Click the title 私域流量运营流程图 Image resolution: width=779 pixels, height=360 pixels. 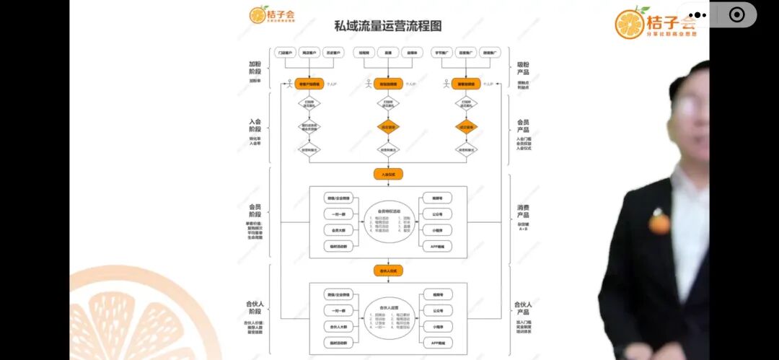pos(388,26)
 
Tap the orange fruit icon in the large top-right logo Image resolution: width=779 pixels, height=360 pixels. pos(629,23)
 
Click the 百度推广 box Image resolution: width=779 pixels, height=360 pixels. pos(467,53)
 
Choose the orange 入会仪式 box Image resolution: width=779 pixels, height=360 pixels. pos(388,174)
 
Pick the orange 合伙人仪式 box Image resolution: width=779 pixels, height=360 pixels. pos(388,271)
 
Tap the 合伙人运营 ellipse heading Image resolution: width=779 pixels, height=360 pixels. pos(388,307)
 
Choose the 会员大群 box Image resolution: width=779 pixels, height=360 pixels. pos(339,230)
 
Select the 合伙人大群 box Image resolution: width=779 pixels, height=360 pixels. pos(339,327)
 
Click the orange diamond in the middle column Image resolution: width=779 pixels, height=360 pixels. pos(388,127)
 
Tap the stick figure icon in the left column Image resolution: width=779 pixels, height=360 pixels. pos(289,83)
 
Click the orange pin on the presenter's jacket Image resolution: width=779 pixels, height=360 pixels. pos(659,221)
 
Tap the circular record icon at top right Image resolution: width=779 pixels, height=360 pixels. pos(736,14)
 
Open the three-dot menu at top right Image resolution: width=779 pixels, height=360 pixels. pos(697,14)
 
